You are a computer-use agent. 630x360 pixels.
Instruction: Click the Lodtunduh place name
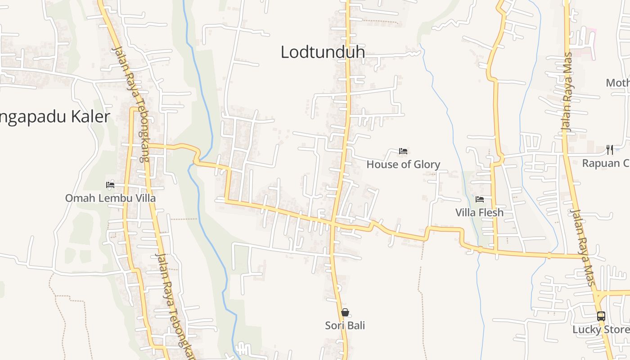[323, 52]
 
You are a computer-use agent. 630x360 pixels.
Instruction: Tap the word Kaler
[90, 117]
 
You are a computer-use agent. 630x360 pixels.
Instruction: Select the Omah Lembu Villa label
[110, 198]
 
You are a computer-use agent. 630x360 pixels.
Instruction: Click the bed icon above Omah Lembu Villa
[110, 184]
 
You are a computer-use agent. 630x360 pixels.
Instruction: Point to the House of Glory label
[403, 164]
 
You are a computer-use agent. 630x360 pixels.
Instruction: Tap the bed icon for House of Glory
[403, 151]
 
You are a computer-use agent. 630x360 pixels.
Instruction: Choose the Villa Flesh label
[479, 212]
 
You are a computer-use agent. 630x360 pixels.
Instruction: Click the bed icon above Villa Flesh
[480, 199]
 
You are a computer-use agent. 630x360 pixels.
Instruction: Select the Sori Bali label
[345, 325]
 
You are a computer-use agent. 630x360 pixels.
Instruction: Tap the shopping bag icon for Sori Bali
[345, 312]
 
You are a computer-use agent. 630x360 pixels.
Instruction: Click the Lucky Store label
[601, 329]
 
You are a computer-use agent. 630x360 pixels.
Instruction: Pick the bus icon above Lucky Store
[601, 316]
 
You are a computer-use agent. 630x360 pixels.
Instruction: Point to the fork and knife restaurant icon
[610, 149]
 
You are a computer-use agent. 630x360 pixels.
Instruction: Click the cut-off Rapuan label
[606, 163]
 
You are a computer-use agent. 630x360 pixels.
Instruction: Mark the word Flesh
[491, 212]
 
